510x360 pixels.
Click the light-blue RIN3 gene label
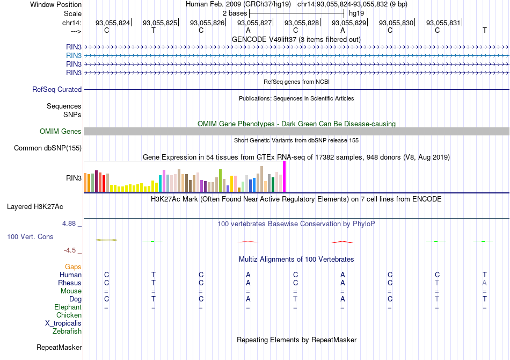click(74, 55)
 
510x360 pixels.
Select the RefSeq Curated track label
click(57, 90)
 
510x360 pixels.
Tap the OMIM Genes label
click(61, 132)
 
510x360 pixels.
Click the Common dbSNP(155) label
click(48, 148)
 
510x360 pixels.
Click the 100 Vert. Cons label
click(31, 237)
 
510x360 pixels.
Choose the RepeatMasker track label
click(59, 348)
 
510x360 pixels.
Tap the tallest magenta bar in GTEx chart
click(284, 176)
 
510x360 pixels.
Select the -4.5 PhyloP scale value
click(72, 250)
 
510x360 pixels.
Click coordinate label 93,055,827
click(254, 23)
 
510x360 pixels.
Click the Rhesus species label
click(70, 283)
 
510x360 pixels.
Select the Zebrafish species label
click(67, 332)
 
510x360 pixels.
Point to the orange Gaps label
click(73, 267)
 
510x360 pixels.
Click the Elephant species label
click(68, 307)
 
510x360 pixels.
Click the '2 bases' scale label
click(235, 13)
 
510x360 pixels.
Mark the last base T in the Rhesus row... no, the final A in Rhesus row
click(485, 283)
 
